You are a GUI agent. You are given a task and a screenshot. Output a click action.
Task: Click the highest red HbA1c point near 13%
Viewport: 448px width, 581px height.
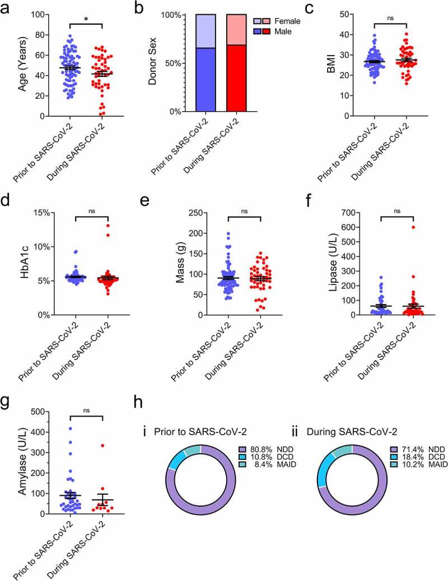[106, 226]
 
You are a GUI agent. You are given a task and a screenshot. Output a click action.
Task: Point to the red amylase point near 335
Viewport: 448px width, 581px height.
[102, 445]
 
